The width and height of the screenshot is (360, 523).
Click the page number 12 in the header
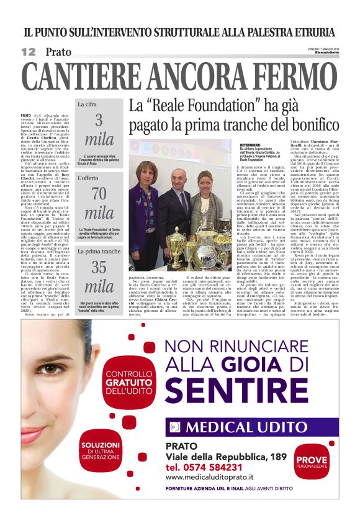[x=29, y=52]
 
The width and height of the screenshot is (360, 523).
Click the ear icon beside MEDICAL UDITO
[x=174, y=427]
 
